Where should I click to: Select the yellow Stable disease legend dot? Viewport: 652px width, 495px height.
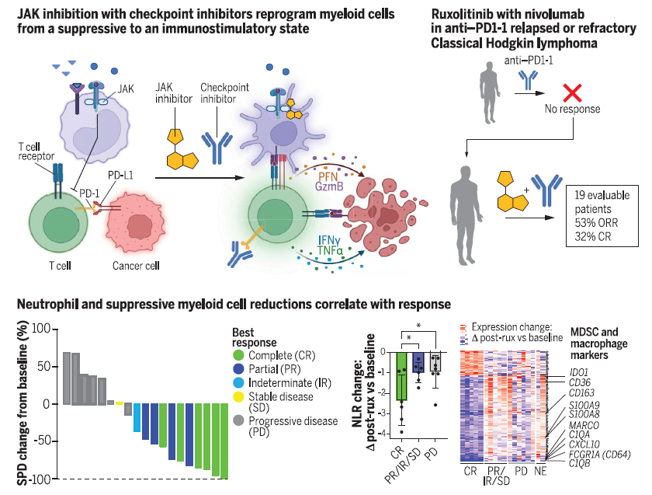click(x=238, y=397)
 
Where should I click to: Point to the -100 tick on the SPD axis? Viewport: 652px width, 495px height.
click(x=37, y=479)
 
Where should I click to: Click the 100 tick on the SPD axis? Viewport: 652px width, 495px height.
click(x=39, y=330)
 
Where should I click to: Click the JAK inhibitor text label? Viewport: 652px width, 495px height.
click(x=173, y=94)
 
